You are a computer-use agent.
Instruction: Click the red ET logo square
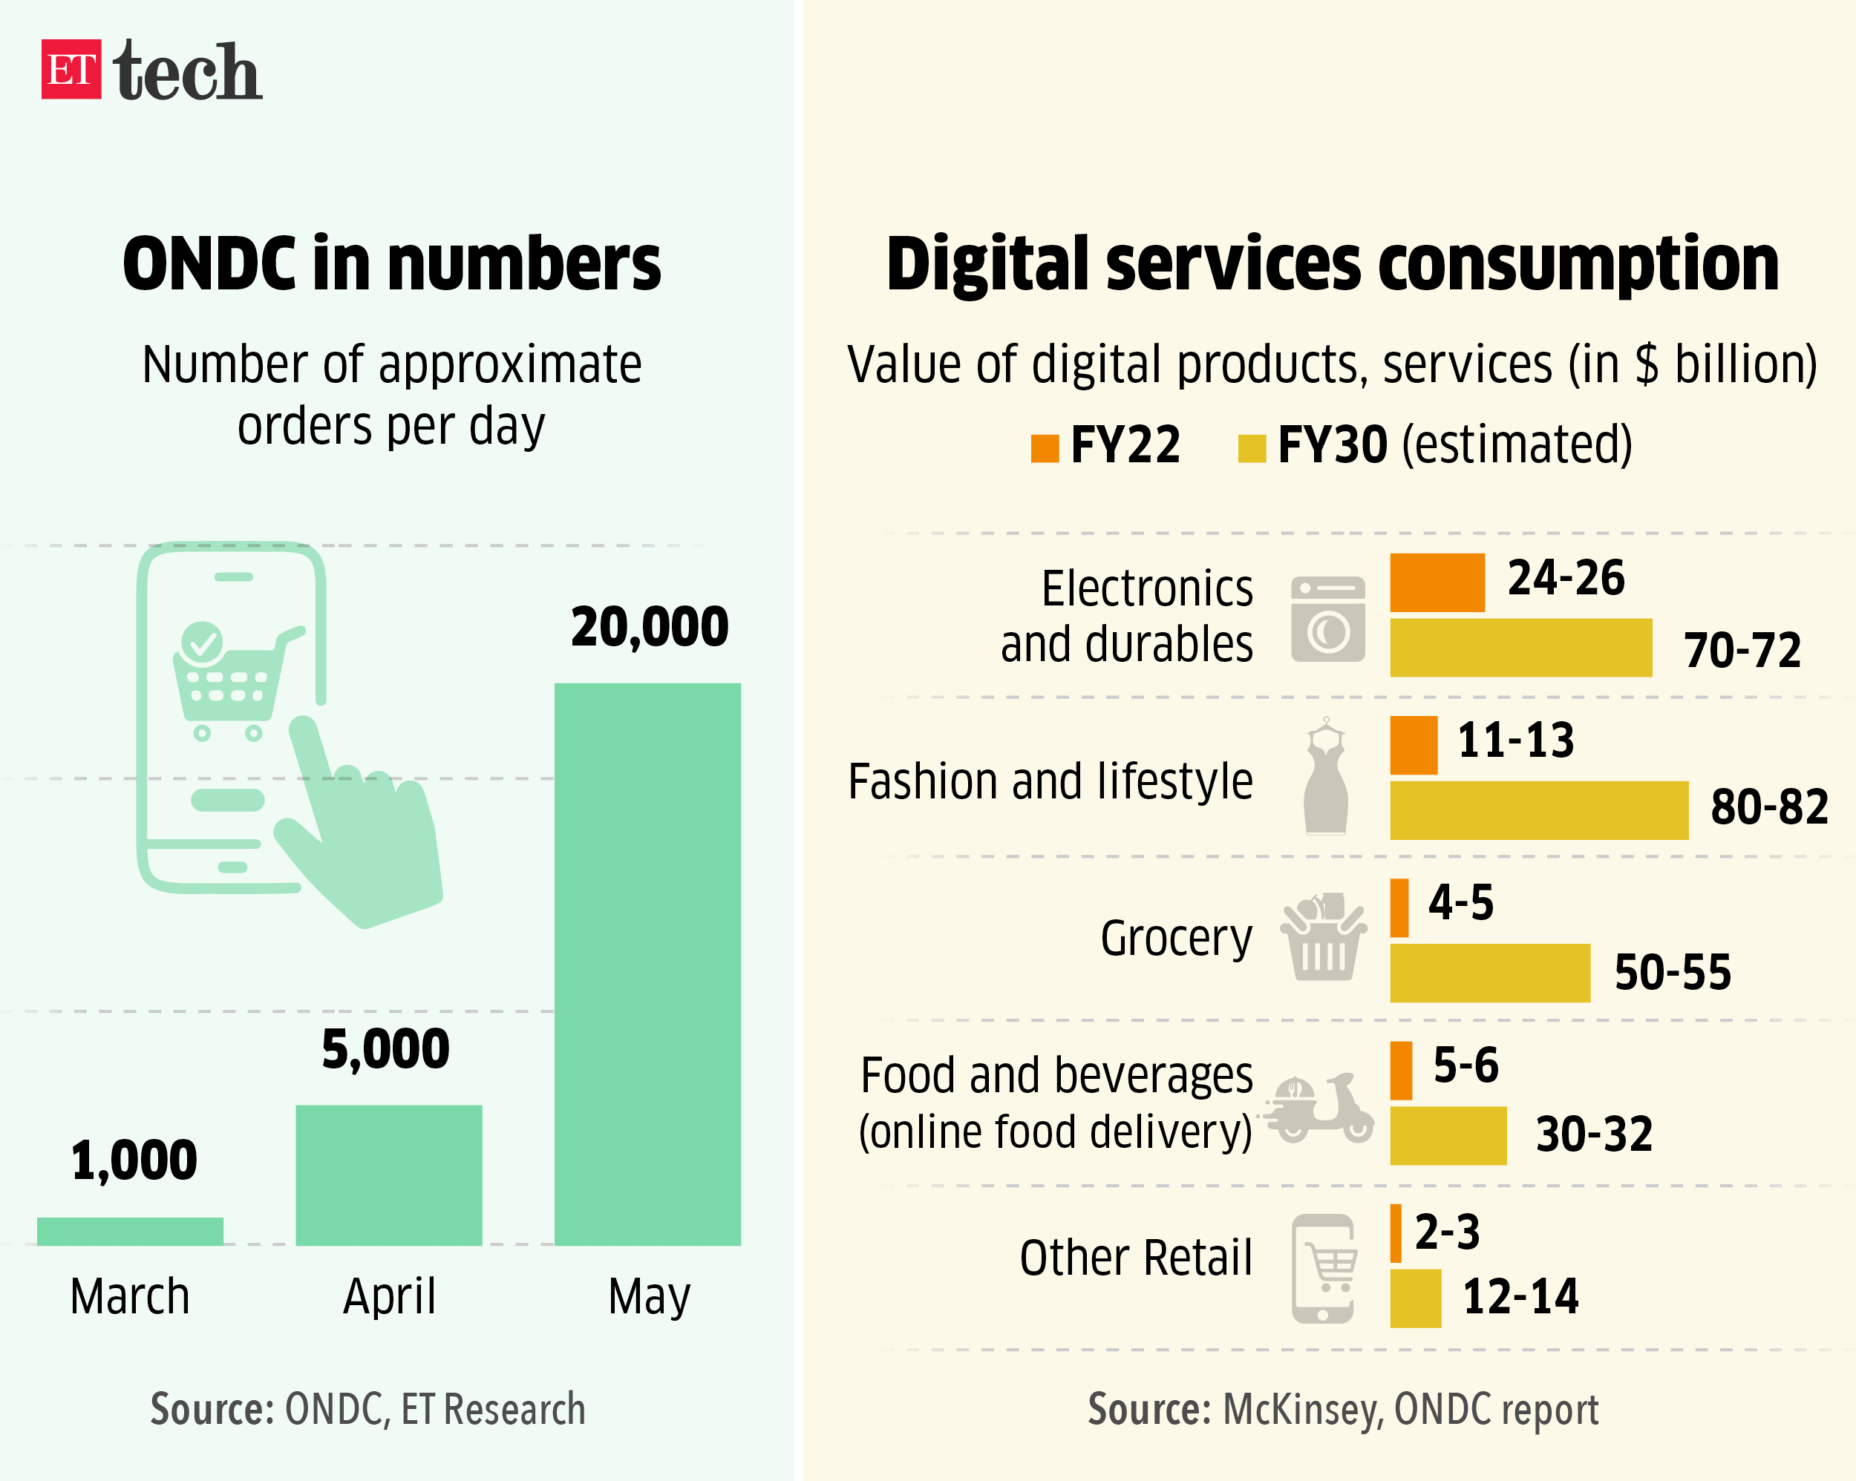(x=71, y=69)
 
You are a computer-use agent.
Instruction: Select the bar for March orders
(x=130, y=1231)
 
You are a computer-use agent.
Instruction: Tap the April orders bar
(x=388, y=1175)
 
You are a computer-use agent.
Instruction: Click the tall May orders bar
(x=647, y=964)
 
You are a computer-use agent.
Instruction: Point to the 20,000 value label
(x=649, y=626)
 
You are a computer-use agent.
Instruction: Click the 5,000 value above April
(x=385, y=1049)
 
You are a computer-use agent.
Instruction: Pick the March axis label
(x=130, y=1296)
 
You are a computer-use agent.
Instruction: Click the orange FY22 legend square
(x=1045, y=448)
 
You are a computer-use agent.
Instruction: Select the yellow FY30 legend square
(x=1251, y=448)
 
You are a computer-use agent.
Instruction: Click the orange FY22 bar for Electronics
(x=1437, y=582)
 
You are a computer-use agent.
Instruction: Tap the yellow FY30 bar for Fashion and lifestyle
(x=1538, y=810)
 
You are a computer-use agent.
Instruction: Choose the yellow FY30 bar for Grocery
(x=1489, y=973)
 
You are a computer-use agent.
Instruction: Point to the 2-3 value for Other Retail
(x=1447, y=1232)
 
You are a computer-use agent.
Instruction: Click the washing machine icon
(x=1327, y=619)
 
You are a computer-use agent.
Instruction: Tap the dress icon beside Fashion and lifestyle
(x=1326, y=777)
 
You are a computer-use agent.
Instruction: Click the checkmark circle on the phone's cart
(x=202, y=642)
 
